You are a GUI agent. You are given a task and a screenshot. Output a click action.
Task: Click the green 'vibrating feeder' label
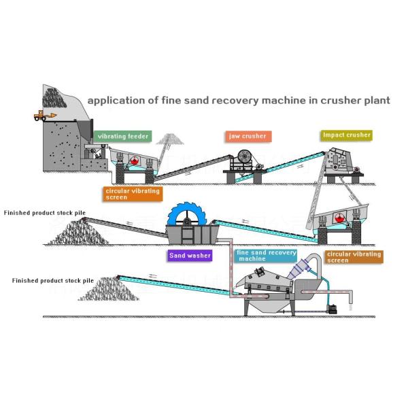pyautogui.click(x=122, y=137)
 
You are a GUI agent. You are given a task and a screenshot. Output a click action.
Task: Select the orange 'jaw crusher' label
pyautogui.click(x=248, y=137)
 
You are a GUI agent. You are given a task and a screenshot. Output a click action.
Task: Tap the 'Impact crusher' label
pyautogui.click(x=346, y=135)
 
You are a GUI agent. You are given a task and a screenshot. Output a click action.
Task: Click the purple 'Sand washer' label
pyautogui.click(x=190, y=256)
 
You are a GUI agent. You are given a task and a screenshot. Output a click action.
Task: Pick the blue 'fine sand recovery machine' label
pyautogui.click(x=266, y=256)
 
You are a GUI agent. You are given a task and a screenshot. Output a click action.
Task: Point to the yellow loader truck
pyautogui.click(x=45, y=116)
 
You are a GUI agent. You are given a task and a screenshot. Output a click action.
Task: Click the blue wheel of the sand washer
pyautogui.click(x=187, y=214)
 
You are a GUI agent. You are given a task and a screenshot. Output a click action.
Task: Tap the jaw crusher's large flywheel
pyautogui.click(x=245, y=156)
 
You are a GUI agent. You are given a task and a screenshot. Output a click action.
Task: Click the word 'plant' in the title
pyautogui.click(x=377, y=101)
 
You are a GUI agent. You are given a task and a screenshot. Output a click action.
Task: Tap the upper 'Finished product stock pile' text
pyautogui.click(x=44, y=213)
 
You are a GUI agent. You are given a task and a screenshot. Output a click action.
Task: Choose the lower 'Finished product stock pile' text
pyautogui.click(x=53, y=280)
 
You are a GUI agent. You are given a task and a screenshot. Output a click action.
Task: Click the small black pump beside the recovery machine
pyautogui.click(x=333, y=309)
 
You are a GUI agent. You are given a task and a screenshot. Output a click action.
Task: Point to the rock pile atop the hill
pyautogui.click(x=54, y=98)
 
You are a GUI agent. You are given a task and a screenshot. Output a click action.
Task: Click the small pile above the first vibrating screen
pyautogui.click(x=170, y=139)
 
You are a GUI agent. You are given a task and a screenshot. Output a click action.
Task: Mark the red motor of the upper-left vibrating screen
pyautogui.click(x=134, y=160)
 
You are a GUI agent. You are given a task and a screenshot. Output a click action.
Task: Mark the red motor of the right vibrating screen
pyautogui.click(x=339, y=218)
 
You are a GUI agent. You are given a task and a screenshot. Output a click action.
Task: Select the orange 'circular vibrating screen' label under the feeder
pyautogui.click(x=133, y=194)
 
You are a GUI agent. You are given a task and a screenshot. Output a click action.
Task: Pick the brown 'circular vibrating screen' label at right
pyautogui.click(x=354, y=257)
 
